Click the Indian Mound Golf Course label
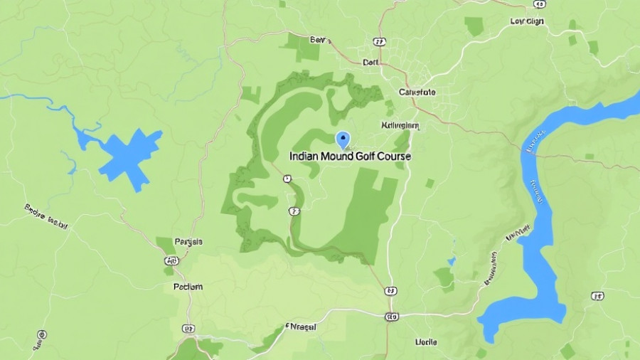[x=350, y=155]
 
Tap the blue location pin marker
[x=342, y=139]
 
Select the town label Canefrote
[x=417, y=92]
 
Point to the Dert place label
[x=371, y=62]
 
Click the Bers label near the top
[x=321, y=40]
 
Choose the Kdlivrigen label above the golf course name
[x=400, y=125]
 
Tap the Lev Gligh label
[x=527, y=21]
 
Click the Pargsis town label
[x=188, y=242]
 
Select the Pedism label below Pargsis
[x=188, y=287]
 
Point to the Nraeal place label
[x=301, y=327]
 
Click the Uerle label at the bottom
[x=426, y=342]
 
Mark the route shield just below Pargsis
[x=171, y=261]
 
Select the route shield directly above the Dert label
[x=382, y=42]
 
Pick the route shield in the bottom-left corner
[x=42, y=334]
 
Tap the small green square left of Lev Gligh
[x=474, y=26]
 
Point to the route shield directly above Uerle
[x=391, y=317]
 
